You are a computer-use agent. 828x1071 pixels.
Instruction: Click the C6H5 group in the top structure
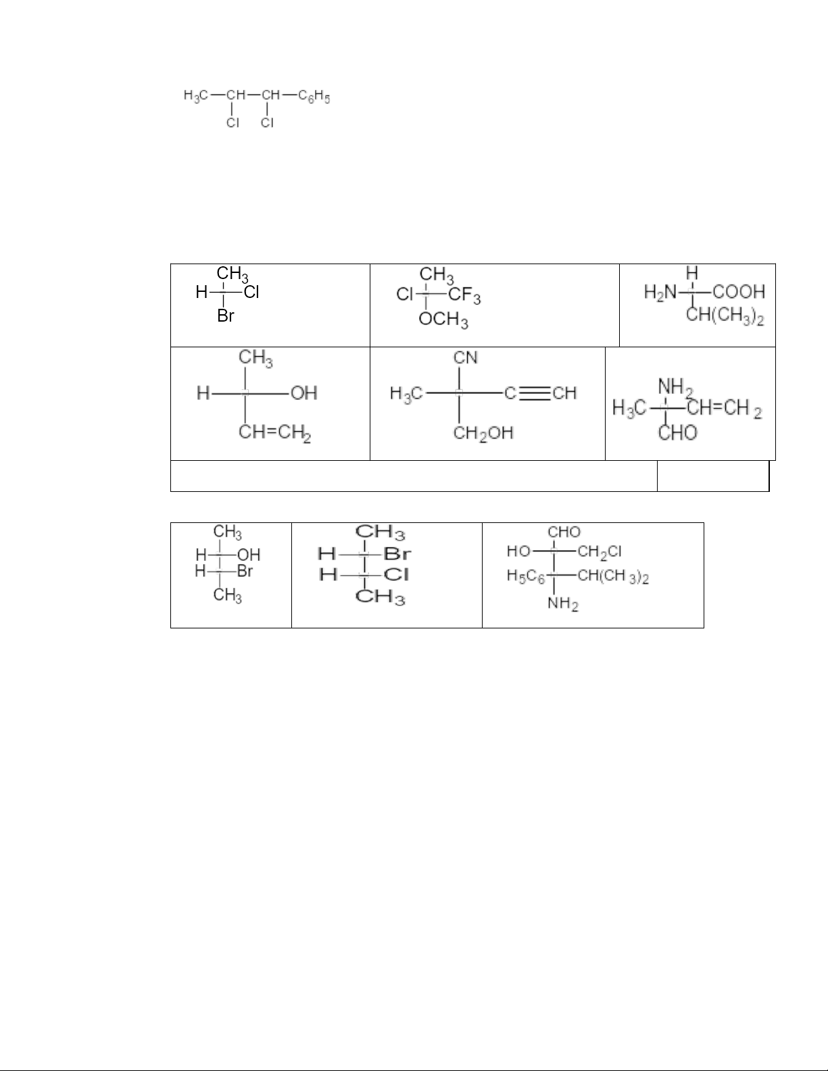pyautogui.click(x=314, y=97)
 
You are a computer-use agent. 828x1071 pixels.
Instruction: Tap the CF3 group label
pyautogui.click(x=465, y=295)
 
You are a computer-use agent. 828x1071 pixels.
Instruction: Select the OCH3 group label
pyautogui.click(x=443, y=320)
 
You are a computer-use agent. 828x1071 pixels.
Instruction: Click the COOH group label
pyautogui.click(x=739, y=292)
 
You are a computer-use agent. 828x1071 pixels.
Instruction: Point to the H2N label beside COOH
pyautogui.click(x=660, y=292)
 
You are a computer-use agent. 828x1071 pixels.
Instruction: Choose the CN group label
pyautogui.click(x=466, y=356)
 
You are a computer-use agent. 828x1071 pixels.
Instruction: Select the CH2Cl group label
pyautogui.click(x=600, y=552)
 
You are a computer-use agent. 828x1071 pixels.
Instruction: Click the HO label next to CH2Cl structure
pyautogui.click(x=519, y=552)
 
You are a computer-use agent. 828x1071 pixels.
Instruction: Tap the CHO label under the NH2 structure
pyautogui.click(x=678, y=432)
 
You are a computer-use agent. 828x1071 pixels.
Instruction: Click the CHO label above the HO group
pyautogui.click(x=564, y=532)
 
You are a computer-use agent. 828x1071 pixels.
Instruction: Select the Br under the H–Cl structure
pyautogui.click(x=226, y=316)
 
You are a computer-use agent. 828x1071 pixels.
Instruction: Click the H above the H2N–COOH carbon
pyautogui.click(x=691, y=273)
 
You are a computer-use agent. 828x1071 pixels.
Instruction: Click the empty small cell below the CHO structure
pyautogui.click(x=713, y=476)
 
